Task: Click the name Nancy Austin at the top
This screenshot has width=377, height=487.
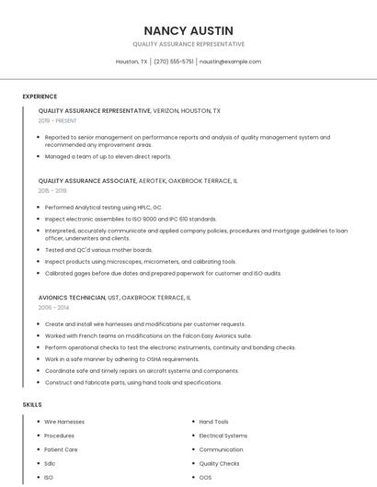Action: click(x=188, y=30)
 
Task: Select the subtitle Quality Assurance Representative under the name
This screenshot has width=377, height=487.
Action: click(x=188, y=44)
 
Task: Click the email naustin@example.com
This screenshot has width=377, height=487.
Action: click(x=230, y=62)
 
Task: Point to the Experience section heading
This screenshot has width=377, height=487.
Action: click(x=40, y=96)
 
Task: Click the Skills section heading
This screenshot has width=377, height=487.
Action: click(x=32, y=404)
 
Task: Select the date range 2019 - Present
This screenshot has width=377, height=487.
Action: click(x=57, y=120)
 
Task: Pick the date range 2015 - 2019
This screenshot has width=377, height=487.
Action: click(x=52, y=191)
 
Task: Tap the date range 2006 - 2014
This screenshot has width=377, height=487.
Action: click(x=53, y=308)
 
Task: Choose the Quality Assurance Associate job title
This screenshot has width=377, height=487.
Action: click(x=86, y=181)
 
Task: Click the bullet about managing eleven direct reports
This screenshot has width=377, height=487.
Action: click(x=108, y=157)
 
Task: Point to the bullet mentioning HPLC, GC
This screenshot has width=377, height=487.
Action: click(x=103, y=208)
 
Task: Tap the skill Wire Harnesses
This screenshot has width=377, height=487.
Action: click(x=64, y=422)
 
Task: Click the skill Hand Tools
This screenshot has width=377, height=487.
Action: click(x=214, y=422)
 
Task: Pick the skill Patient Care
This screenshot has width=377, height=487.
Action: click(x=61, y=449)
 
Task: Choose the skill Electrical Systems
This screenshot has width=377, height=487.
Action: click(x=223, y=436)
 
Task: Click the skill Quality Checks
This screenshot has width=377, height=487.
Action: click(x=220, y=464)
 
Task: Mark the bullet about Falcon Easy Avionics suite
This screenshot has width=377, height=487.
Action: click(x=147, y=336)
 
